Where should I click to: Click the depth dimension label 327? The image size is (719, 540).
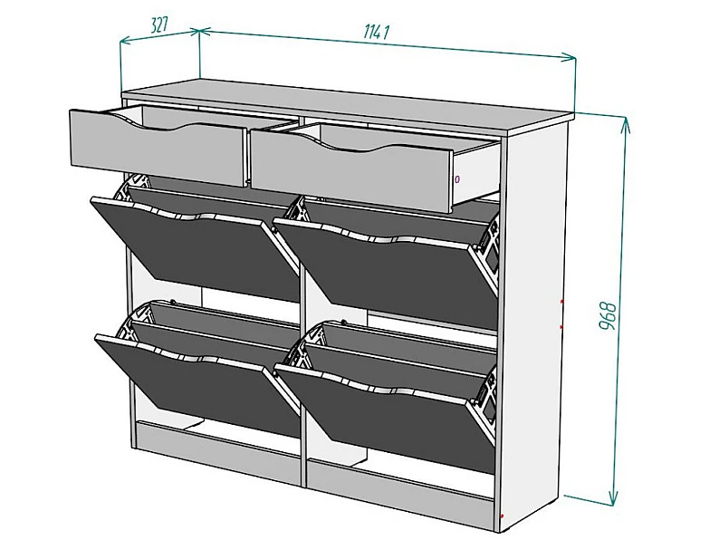tap(159, 25)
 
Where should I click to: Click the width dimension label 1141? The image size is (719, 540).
tap(377, 32)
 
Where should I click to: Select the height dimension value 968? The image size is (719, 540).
tap(608, 315)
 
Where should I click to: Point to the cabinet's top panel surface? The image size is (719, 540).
tap(349, 104)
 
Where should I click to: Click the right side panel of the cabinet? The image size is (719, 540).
tap(534, 321)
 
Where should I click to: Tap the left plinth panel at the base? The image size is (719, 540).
tap(219, 452)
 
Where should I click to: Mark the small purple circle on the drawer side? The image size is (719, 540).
tap(457, 178)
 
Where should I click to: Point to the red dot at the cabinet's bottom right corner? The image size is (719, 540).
tap(503, 516)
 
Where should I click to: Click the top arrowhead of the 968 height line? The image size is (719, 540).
tap(625, 123)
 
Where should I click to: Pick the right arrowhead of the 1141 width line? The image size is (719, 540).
tap(570, 57)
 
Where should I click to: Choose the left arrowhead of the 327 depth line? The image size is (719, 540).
tap(126, 42)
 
